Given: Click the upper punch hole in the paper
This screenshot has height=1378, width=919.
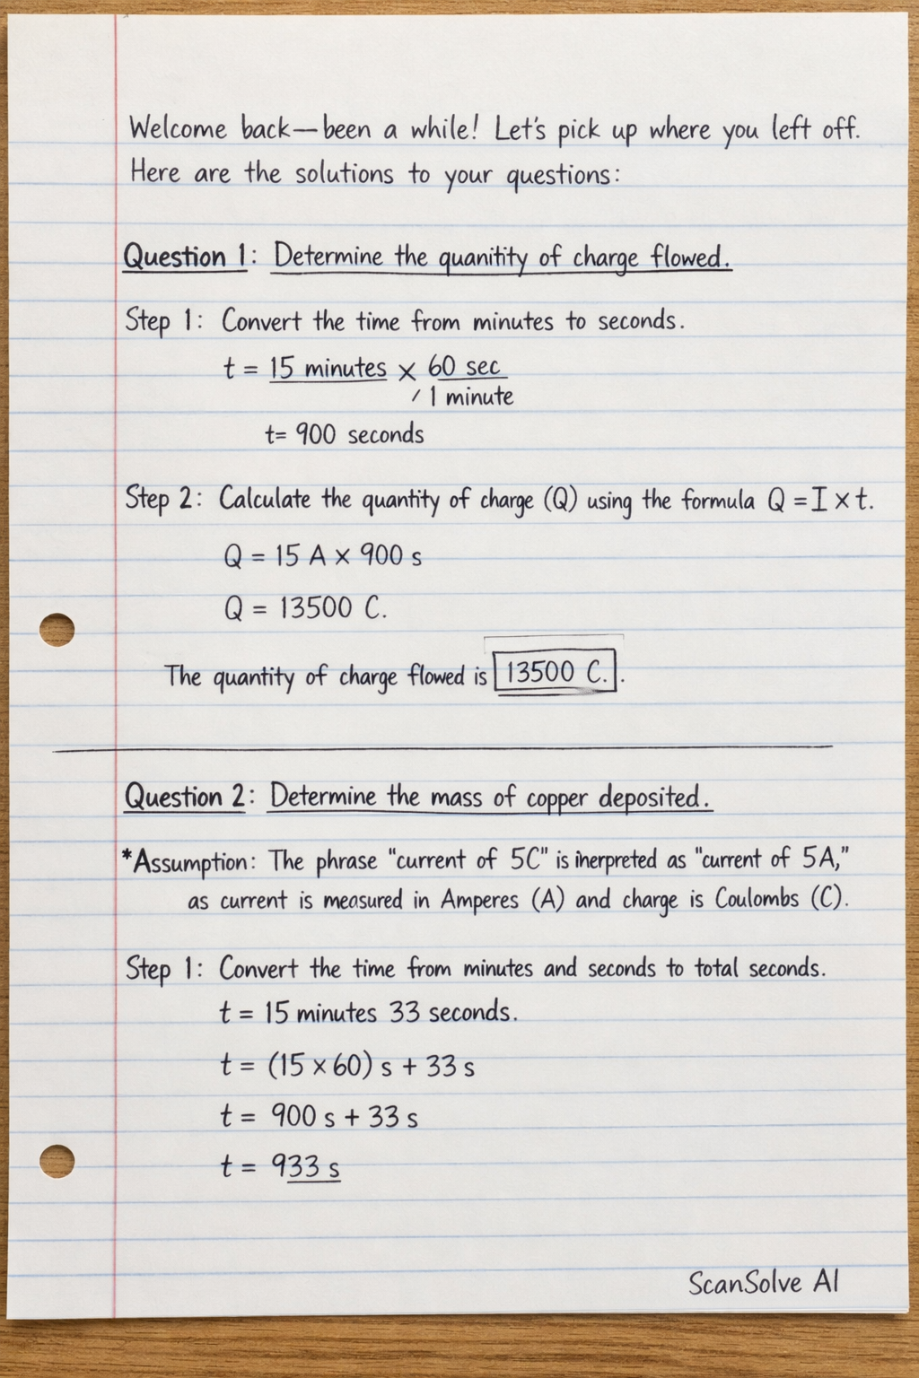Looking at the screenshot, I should pyautogui.click(x=57, y=628).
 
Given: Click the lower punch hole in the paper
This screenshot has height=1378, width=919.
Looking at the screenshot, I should pyautogui.click(x=57, y=1161).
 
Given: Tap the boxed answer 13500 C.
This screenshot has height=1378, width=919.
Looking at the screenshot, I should pyautogui.click(x=556, y=673).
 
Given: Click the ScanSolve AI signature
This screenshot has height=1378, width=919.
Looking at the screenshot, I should pyautogui.click(x=763, y=1282).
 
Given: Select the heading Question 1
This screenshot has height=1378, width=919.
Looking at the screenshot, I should pyautogui.click(x=184, y=257).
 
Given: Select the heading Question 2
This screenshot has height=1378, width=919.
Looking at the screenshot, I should pyautogui.click(x=184, y=797).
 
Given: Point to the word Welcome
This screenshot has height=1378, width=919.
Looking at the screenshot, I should pyautogui.click(x=178, y=128).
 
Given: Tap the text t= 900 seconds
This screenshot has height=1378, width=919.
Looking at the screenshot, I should pyautogui.click(x=345, y=435).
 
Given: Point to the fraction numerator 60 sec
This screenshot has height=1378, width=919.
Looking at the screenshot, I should pyautogui.click(x=463, y=367).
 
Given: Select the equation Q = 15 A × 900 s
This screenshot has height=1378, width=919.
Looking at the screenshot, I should pyautogui.click(x=322, y=556).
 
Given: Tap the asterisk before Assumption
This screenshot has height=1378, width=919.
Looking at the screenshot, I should pyautogui.click(x=127, y=857).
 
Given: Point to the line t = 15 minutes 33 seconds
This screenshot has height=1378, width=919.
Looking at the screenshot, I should pyautogui.click(x=368, y=1013).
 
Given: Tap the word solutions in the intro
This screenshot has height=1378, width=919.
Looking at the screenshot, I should pyautogui.click(x=345, y=173).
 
